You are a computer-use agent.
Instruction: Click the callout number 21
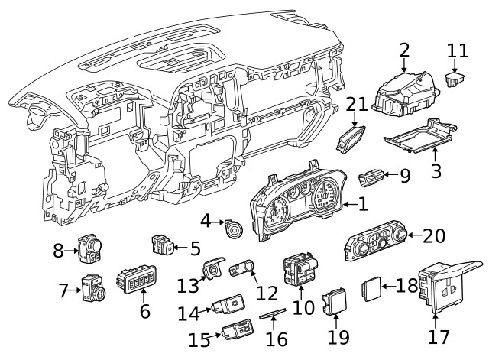click(x=357, y=104)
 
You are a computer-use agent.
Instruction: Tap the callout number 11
click(x=457, y=50)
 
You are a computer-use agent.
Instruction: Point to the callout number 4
click(x=206, y=221)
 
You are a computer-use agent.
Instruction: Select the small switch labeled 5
click(x=163, y=245)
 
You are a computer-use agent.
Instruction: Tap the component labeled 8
click(x=89, y=248)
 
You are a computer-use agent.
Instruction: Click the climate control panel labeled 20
click(x=377, y=246)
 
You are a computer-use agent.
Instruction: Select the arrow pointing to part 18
click(x=388, y=287)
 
